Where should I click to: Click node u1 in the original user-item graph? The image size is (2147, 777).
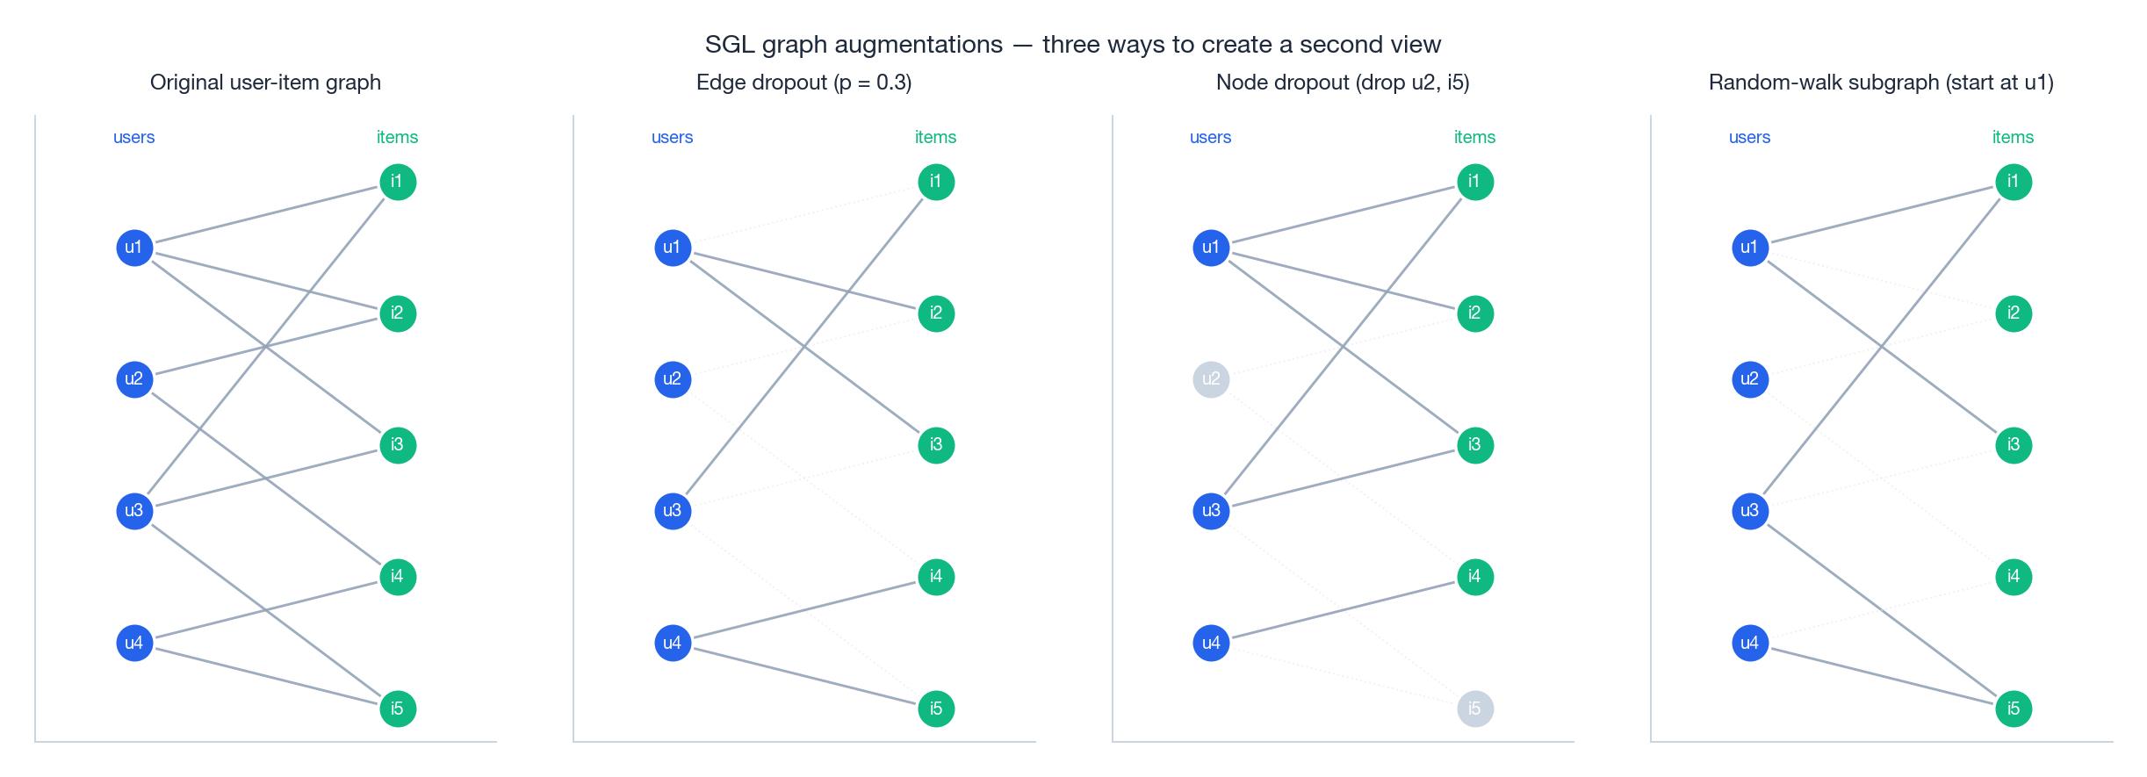tap(134, 248)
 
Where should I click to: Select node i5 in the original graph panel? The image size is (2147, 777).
tap(398, 709)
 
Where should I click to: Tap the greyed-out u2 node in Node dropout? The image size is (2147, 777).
tap(1211, 379)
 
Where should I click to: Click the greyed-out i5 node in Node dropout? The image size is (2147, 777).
tap(1475, 709)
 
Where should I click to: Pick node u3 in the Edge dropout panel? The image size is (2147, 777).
tap(673, 511)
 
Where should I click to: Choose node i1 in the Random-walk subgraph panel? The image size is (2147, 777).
tap(2014, 182)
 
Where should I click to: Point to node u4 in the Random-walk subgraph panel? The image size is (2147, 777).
tap(1750, 643)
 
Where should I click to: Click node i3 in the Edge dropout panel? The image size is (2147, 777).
tap(936, 445)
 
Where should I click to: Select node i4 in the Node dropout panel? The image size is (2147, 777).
tap(1475, 577)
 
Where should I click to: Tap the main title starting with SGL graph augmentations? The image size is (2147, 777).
tap(1072, 44)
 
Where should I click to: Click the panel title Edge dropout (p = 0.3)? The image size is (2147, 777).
tap(803, 83)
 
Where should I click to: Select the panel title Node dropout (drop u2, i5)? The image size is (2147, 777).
tap(1342, 83)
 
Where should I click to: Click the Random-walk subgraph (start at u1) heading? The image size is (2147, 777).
tap(1880, 83)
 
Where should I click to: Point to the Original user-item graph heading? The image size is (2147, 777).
tap(265, 83)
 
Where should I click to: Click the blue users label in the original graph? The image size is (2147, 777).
tap(133, 137)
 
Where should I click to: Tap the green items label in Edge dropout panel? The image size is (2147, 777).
tap(935, 137)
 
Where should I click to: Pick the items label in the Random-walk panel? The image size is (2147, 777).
tap(2013, 137)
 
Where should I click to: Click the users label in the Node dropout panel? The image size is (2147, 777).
tap(1210, 137)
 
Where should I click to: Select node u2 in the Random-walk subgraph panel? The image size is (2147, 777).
tap(1750, 379)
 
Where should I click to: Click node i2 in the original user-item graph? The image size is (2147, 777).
tap(398, 313)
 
